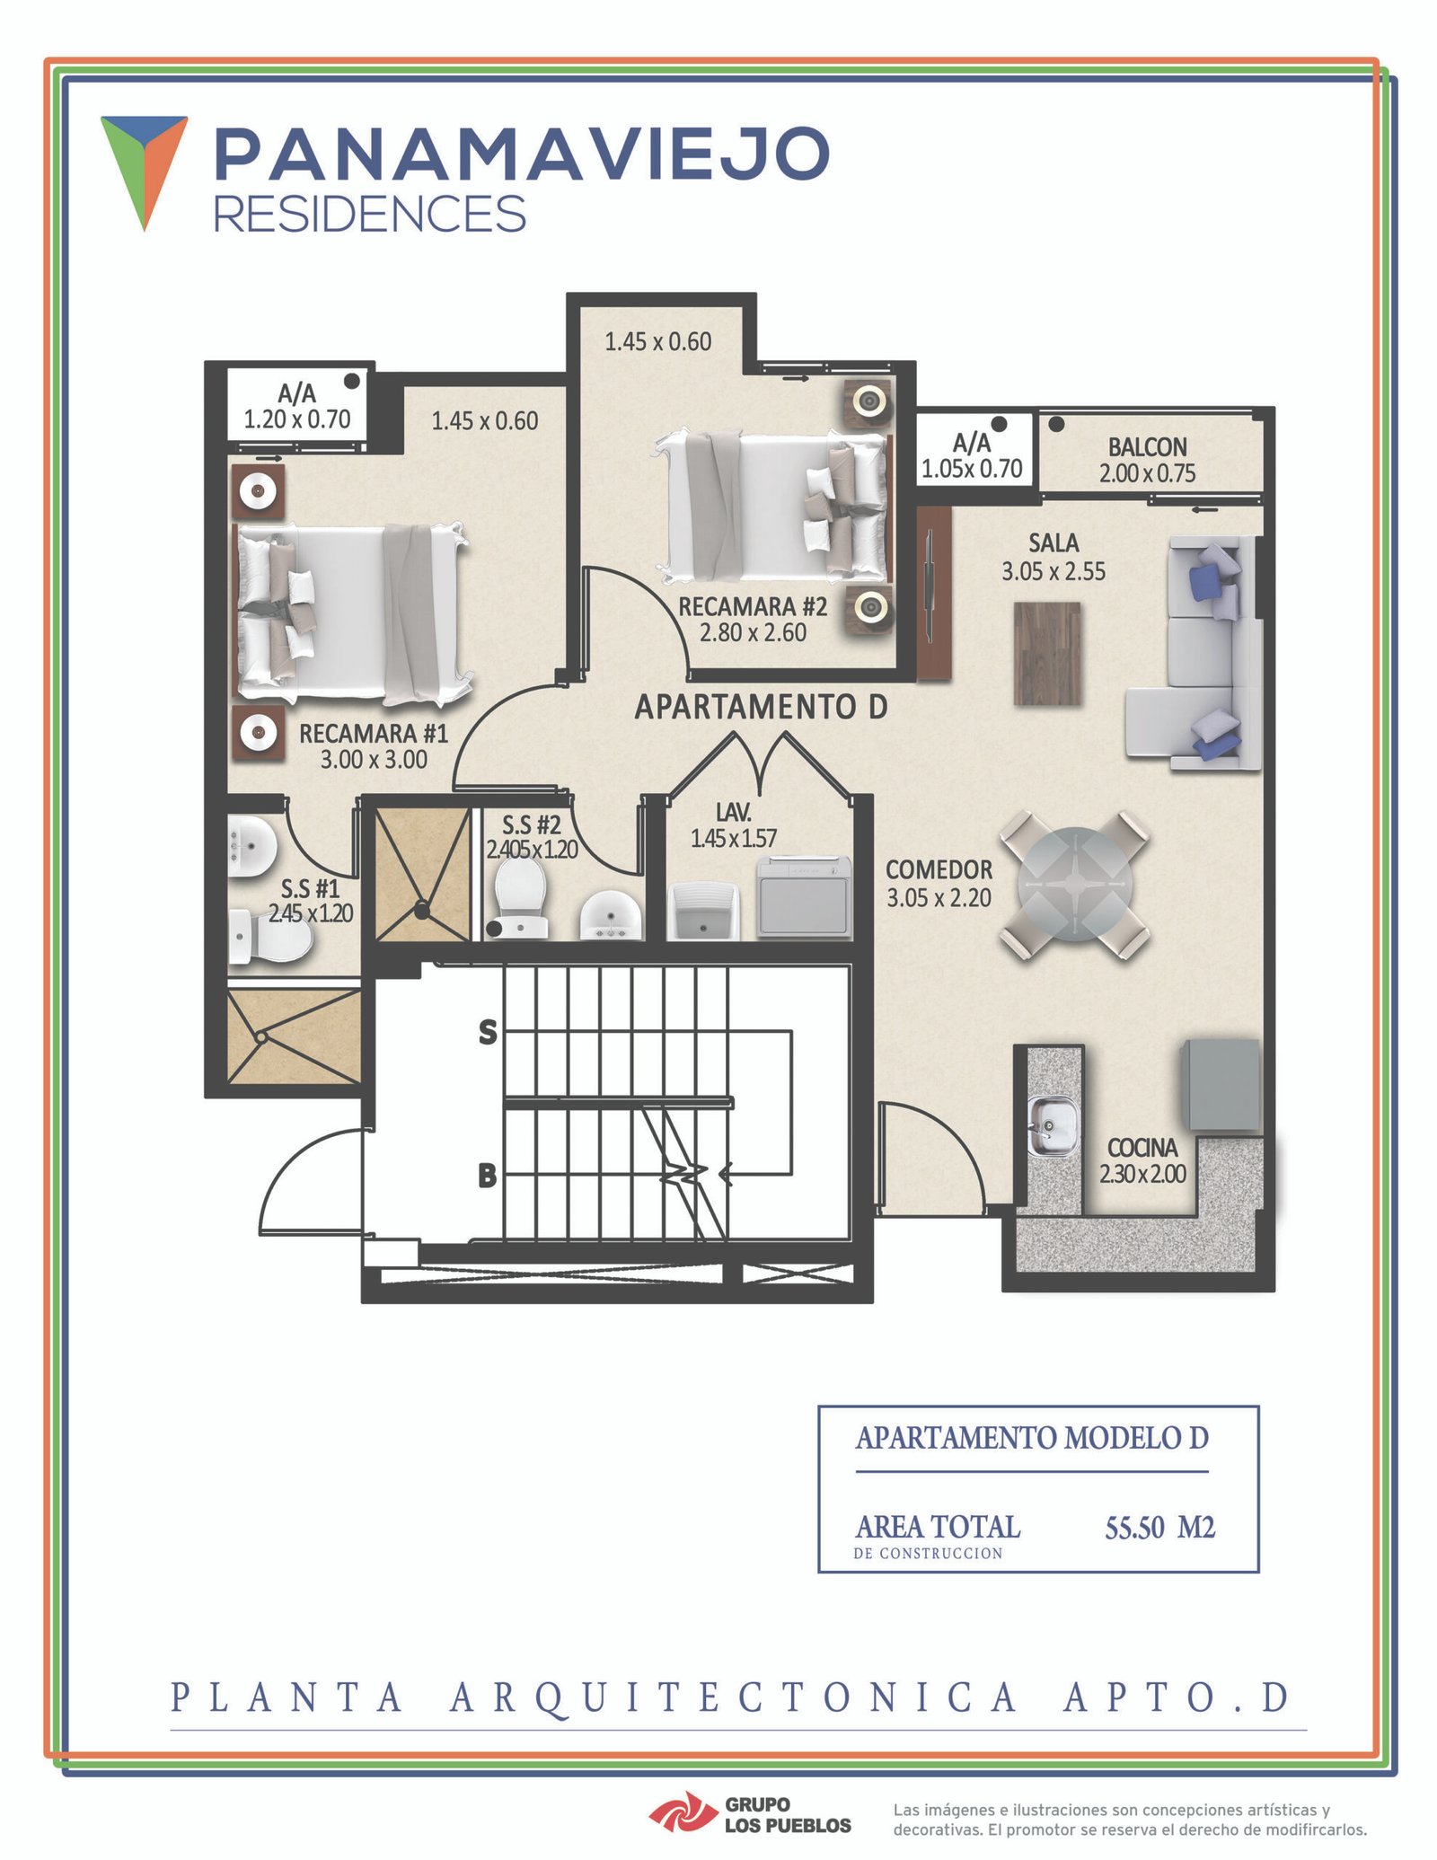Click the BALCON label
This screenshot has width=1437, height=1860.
[x=1147, y=446]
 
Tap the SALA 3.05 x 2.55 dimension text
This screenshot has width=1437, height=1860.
[x=1054, y=571]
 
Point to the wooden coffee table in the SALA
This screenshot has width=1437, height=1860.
[x=1047, y=653]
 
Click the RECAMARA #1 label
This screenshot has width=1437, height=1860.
[x=374, y=733]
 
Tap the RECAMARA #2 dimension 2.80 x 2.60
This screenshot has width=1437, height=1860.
[x=753, y=632]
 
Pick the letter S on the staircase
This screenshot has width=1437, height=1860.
[x=488, y=1033]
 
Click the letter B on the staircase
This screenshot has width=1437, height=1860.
[x=488, y=1175]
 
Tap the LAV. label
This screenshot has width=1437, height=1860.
[x=734, y=812]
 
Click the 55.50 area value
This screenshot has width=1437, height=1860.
[x=1134, y=1528]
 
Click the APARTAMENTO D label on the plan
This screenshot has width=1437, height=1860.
[x=762, y=708]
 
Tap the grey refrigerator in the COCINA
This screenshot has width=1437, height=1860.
[x=1221, y=1084]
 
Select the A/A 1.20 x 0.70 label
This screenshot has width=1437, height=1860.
[x=297, y=406]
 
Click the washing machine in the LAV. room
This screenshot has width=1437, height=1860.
[x=804, y=896]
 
